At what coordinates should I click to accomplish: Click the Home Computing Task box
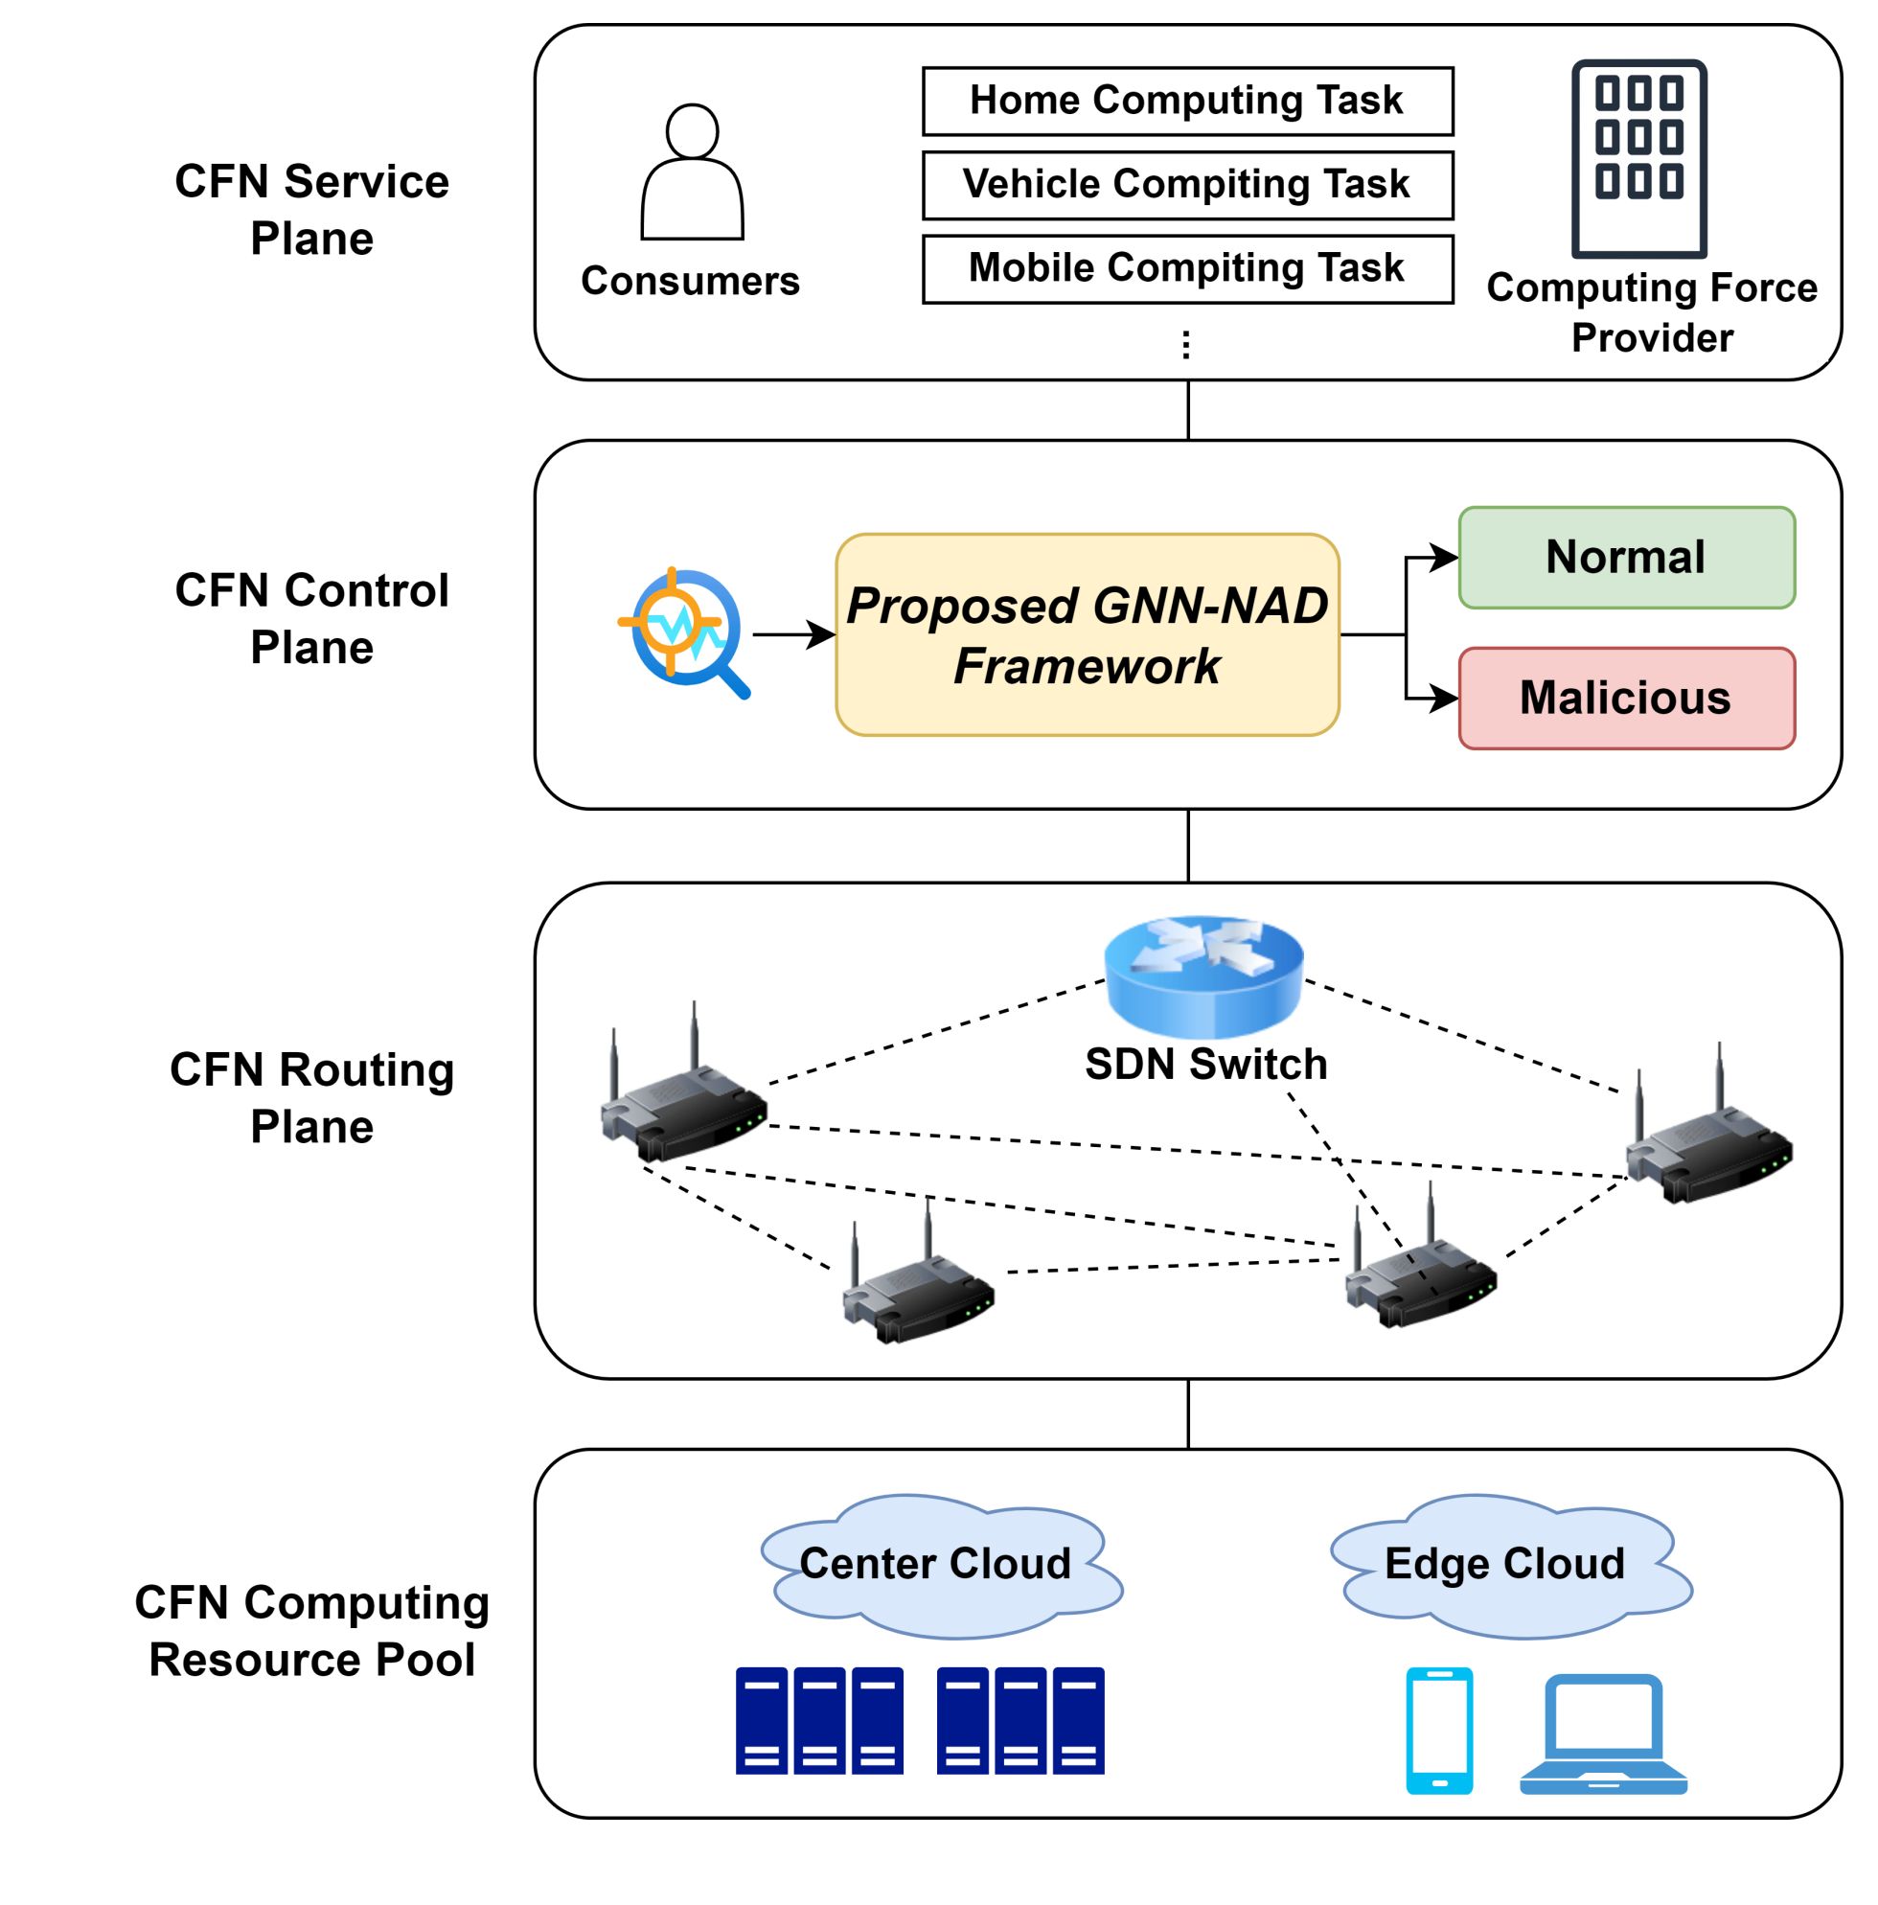[x=1187, y=101]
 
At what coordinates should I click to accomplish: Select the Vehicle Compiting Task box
[x=1187, y=184]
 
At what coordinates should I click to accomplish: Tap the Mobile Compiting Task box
[x=1187, y=268]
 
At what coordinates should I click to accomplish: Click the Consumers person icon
[x=692, y=172]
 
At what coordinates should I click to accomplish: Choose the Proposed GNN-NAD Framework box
[x=1087, y=635]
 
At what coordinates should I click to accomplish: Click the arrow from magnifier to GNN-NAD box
[x=793, y=635]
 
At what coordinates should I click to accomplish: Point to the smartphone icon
[x=1438, y=1731]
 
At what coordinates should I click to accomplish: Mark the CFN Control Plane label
[x=311, y=619]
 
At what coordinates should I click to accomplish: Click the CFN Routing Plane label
[x=311, y=1097]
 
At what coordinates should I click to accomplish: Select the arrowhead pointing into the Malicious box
[x=1445, y=700]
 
